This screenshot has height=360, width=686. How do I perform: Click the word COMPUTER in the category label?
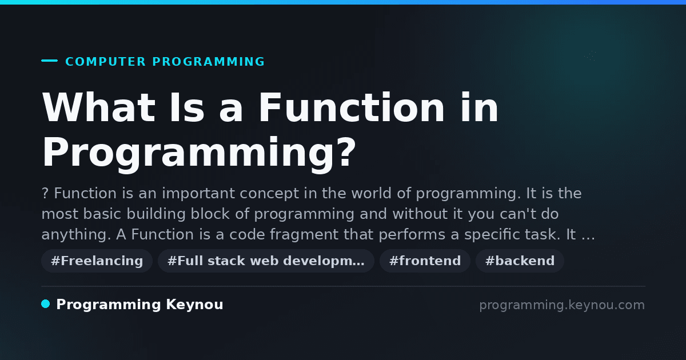(106, 62)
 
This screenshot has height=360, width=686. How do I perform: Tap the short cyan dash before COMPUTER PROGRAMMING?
(49, 61)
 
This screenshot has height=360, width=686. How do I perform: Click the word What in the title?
(98, 107)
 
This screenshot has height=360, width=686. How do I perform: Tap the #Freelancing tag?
(97, 261)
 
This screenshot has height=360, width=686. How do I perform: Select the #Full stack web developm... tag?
(266, 261)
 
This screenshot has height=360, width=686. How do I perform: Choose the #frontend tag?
(425, 261)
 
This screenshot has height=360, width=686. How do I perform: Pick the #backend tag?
(520, 261)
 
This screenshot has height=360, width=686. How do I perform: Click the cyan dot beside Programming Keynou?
(45, 304)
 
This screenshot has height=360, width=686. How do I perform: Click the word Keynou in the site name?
(194, 305)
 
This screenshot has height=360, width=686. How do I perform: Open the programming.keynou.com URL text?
(562, 305)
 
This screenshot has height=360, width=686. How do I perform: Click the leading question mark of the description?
(45, 194)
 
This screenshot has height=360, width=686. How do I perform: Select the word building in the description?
(156, 214)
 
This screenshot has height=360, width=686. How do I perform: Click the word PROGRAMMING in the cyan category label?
(208, 62)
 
